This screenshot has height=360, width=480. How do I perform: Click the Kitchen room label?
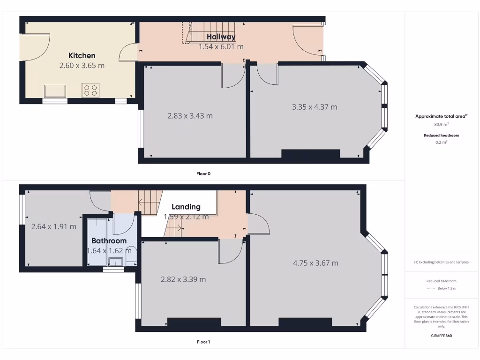point(82,55)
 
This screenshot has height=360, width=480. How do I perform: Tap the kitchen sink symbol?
point(55,90)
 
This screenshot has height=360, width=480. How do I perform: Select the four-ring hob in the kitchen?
point(90,90)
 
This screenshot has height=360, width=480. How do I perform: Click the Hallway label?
point(221,37)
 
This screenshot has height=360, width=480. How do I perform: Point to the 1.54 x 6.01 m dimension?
point(221,46)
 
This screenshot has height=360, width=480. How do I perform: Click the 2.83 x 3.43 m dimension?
point(190,115)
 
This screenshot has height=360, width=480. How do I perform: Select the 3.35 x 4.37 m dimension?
point(314,107)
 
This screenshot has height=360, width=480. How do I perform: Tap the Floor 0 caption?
point(203,173)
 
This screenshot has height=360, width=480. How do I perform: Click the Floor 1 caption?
point(203,342)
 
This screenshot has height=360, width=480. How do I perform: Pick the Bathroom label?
point(109,241)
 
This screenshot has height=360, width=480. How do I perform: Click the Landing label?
point(186,207)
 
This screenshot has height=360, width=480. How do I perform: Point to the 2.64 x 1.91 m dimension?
point(53,227)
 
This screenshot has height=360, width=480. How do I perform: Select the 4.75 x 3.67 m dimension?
point(315,263)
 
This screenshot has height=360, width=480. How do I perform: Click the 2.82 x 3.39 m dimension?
point(183,279)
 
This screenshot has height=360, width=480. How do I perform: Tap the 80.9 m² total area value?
point(441,125)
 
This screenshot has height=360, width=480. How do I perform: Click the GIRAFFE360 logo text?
point(441,336)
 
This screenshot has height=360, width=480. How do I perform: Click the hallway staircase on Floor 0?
point(188,33)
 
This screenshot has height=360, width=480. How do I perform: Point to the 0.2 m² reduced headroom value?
point(441,142)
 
